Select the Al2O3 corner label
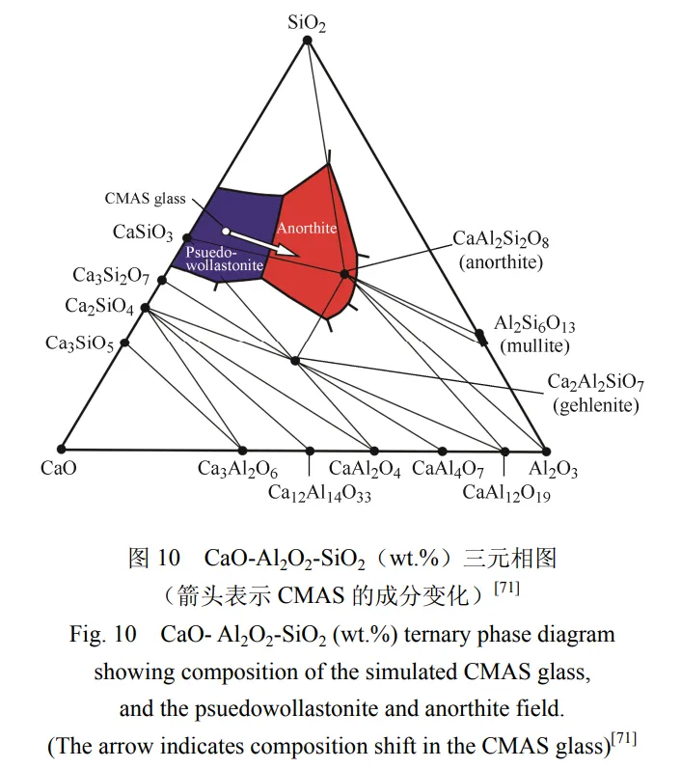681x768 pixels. point(554,470)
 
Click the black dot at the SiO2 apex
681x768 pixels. point(307,40)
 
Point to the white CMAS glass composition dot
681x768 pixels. point(225,232)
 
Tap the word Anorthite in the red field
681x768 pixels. point(307,228)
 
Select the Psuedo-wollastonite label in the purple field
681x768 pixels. point(221,256)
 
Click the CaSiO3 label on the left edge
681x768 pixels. point(143,233)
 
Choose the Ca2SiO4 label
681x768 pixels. point(99,307)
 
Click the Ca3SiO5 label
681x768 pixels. point(79,343)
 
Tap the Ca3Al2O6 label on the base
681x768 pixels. point(238,470)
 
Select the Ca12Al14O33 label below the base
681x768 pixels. point(319,493)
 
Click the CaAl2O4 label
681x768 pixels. point(365,470)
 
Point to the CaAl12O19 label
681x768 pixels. point(506,493)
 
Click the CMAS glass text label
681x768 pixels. point(145,199)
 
